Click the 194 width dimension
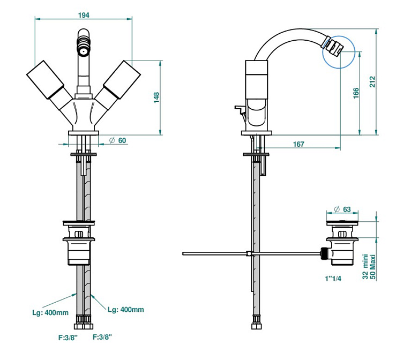[x=84, y=16]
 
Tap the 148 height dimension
[x=156, y=97]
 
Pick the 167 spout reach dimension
[x=299, y=144]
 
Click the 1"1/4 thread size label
[x=333, y=279]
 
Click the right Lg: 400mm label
[x=125, y=309]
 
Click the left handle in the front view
[x=45, y=81]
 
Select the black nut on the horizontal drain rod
[x=323, y=253]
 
